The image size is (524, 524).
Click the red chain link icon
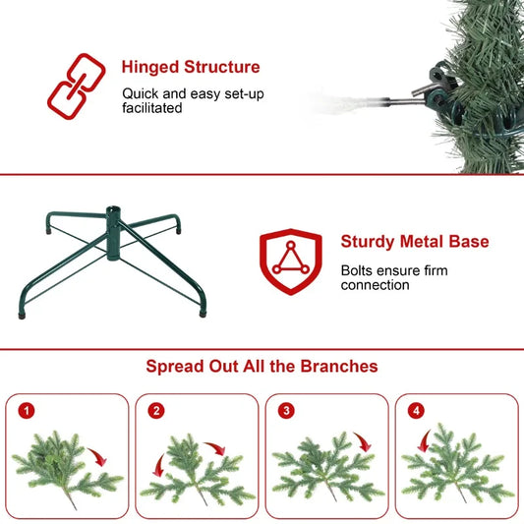coord(76,85)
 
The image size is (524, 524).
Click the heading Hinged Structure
coord(191,68)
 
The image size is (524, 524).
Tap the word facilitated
coord(152,108)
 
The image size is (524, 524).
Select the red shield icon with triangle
coord(290,262)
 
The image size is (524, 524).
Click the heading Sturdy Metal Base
coord(414,241)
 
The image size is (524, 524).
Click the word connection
coord(375,285)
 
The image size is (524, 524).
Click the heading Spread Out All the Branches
coord(262,366)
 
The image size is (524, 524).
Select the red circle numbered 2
coord(156,411)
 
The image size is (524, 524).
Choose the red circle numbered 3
coord(286,411)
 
